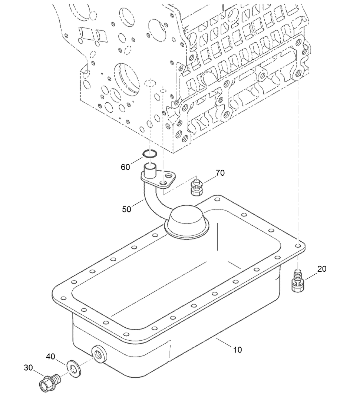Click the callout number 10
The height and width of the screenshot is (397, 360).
coord(237,350)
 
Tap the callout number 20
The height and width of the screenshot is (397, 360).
coord(321,269)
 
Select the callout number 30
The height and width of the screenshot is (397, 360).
coord(28,367)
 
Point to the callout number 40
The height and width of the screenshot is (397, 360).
coord(50,356)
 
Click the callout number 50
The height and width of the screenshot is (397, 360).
coord(126,209)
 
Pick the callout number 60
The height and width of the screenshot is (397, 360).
coord(125,167)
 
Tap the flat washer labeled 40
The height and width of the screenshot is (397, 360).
coord(72,367)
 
